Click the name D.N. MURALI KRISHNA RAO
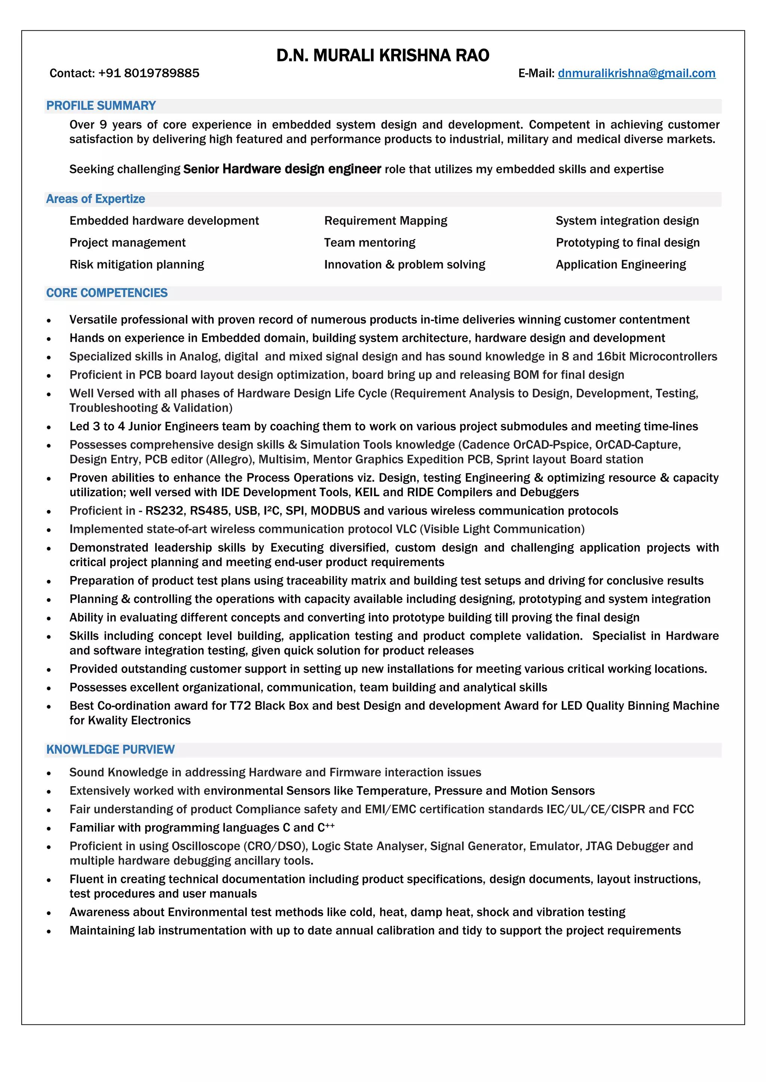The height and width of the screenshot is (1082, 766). [x=383, y=56]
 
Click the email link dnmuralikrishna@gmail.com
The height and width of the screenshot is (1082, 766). [x=636, y=73]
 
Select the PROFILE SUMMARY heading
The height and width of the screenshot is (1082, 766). [x=101, y=106]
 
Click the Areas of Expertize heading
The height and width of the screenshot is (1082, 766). [x=95, y=199]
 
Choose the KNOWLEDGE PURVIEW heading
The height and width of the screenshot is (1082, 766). [x=110, y=749]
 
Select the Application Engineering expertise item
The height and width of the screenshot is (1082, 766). [x=621, y=265]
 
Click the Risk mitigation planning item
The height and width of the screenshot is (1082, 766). [x=137, y=265]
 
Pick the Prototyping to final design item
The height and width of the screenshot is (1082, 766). [x=627, y=243]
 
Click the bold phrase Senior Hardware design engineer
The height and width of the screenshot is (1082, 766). [x=282, y=169]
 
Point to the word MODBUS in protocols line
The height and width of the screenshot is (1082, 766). [x=335, y=511]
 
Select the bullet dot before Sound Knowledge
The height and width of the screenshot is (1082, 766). [x=49, y=773]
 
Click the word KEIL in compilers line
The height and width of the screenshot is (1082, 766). [x=367, y=492]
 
